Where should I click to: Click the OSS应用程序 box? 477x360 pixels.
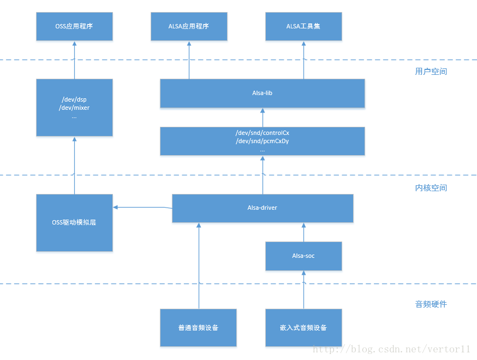coord(74,26)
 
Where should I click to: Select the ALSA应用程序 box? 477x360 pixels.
coord(189,26)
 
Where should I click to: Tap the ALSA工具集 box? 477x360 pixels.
coord(303,26)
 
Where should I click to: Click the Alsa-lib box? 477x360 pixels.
coord(262,93)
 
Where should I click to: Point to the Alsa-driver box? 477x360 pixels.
coord(262,208)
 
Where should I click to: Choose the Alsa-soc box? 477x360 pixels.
coord(303,256)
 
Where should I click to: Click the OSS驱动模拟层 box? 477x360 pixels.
coord(74,222)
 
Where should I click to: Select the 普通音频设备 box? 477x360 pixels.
coord(198,328)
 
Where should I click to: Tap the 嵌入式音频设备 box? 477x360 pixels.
coord(303,328)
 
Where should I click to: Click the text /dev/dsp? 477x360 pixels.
coord(74,99)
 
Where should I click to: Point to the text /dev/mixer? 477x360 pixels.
coord(74,108)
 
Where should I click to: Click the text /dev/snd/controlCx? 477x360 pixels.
coord(262,133)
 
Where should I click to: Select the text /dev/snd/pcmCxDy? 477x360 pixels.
coord(262,141)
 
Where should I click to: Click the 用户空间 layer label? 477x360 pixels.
coord(431,72)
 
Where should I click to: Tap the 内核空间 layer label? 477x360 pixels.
coord(431,188)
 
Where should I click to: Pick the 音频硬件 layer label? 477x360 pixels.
coord(431,304)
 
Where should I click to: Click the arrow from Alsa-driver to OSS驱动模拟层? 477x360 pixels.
coord(142,207)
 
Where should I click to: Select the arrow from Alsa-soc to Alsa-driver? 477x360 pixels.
coord(303,232)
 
